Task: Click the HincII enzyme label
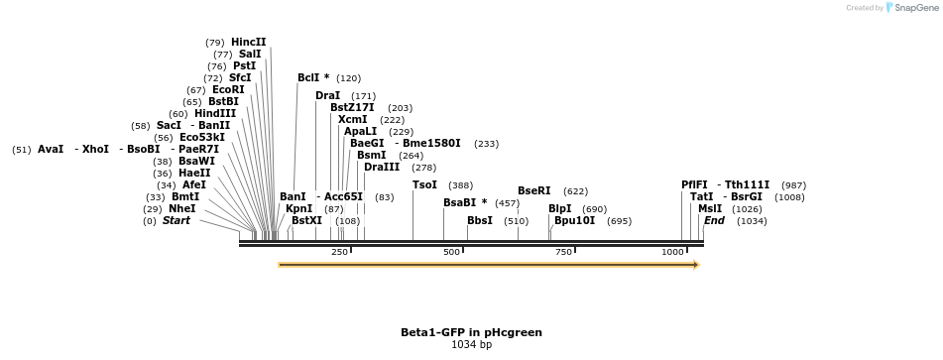pos(249,42)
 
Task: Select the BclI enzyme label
pos(313,77)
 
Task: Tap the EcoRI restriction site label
pos(228,89)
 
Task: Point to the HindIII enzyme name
pos(215,113)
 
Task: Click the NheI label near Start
pos(182,208)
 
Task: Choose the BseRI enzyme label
pos(533,190)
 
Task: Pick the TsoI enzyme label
pos(424,184)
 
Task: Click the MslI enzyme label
pos(710,208)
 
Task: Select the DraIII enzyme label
pos(382,167)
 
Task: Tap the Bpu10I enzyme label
pos(574,220)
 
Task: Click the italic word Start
pos(176,220)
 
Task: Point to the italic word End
pos(714,220)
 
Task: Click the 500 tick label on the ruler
pos(452,252)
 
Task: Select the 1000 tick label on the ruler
pos(673,252)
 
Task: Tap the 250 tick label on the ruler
pos(339,252)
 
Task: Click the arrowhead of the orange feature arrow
pos(696,265)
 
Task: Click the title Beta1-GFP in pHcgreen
pos(471,332)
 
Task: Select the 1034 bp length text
pos(471,345)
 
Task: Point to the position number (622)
pos(575,190)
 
